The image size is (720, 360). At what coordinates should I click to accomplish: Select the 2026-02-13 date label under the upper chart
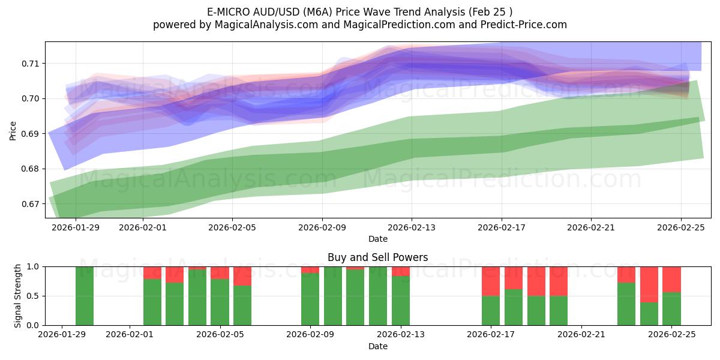point(412,227)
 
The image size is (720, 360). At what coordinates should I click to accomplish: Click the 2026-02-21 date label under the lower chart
point(582,335)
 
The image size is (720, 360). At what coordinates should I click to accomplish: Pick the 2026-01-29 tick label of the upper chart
point(77,227)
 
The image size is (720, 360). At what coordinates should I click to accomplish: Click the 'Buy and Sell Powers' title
point(377,257)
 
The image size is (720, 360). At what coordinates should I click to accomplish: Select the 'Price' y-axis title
point(13,130)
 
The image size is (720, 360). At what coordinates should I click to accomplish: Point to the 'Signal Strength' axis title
point(18,296)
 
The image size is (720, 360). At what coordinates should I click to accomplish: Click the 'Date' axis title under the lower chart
point(377,346)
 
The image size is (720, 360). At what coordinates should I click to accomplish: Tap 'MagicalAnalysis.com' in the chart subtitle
point(260,25)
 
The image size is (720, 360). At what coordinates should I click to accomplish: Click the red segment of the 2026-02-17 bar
point(491,281)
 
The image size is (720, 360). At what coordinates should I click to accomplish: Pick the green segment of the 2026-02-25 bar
point(671,308)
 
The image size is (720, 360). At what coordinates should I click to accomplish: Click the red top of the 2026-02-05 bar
point(220,272)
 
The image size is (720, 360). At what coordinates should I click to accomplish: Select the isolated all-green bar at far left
point(85,296)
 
